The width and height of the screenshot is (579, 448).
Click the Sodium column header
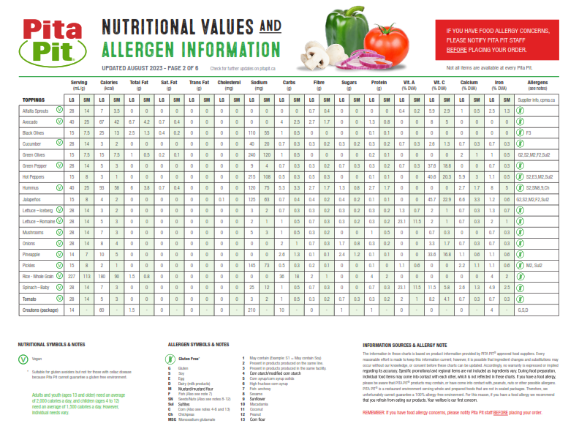click(259, 85)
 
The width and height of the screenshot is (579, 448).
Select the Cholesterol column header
click(229, 85)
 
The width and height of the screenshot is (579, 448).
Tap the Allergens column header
click(537, 85)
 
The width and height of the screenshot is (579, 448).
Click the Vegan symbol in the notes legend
click(22, 359)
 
